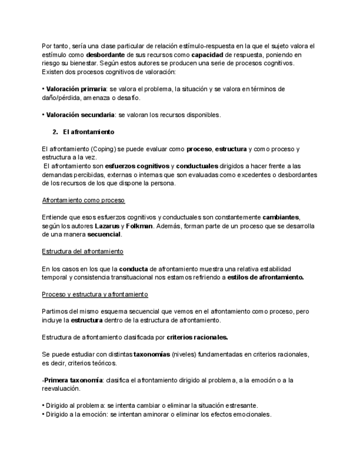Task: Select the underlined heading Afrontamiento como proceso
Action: pyautogui.click(x=84, y=200)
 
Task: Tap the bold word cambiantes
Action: pyautogui.click(x=281, y=218)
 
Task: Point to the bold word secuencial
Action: pyautogui.click(x=104, y=234)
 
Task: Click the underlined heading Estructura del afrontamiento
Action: pyautogui.click(x=82, y=251)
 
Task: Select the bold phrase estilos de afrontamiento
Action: pyautogui.click(x=266, y=278)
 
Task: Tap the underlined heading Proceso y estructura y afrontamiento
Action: pyautogui.click(x=91, y=295)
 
